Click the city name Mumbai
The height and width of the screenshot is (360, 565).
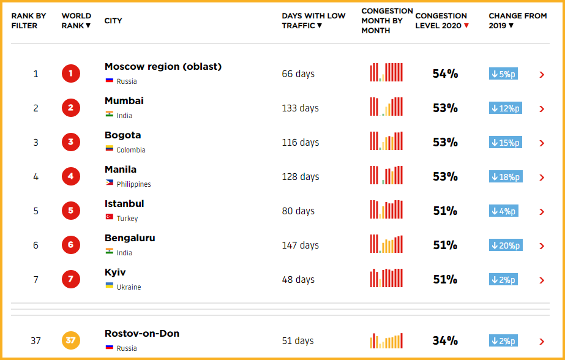(124, 101)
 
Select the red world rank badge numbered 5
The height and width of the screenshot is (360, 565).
(70, 211)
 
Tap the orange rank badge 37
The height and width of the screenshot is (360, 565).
(70, 340)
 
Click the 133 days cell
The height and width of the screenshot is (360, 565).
(300, 108)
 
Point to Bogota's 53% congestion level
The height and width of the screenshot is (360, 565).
(445, 143)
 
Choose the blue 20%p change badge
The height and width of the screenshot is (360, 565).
(506, 246)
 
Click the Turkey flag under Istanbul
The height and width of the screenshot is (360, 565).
(109, 217)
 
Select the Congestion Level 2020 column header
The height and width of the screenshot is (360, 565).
(442, 21)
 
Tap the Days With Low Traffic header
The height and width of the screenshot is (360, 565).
(313, 21)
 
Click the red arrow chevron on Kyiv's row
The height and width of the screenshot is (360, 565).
(542, 280)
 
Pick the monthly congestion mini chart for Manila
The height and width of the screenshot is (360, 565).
(386, 176)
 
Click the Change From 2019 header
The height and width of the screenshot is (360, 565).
(517, 21)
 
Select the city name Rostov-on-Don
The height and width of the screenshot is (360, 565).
(142, 334)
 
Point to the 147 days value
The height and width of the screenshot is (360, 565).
(300, 246)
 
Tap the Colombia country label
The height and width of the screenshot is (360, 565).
(131, 150)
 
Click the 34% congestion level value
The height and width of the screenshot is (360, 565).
(445, 341)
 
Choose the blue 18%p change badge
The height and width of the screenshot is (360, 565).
(506, 177)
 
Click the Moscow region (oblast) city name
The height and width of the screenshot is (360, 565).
(163, 67)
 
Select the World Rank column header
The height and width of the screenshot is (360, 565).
(77, 21)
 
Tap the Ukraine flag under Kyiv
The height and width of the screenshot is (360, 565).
(109, 286)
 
